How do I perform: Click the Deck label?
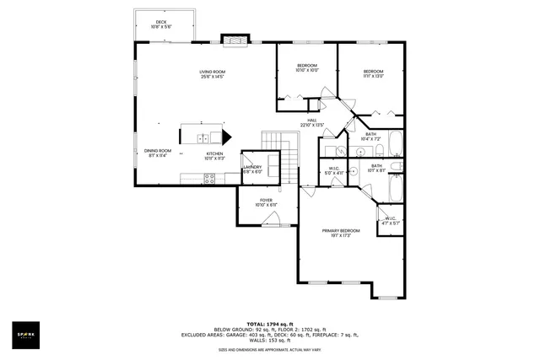point(160,24)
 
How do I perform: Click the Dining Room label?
point(157,153)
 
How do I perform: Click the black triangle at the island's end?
point(226,137)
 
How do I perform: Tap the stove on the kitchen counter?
point(209,178)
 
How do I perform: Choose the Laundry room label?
point(252,169)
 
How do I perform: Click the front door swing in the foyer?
point(272,220)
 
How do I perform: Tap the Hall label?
point(311,123)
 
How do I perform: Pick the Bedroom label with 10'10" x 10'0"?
point(306,68)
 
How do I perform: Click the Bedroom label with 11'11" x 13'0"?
point(373,73)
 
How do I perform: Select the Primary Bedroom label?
point(339,233)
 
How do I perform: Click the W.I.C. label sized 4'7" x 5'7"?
point(391,220)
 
